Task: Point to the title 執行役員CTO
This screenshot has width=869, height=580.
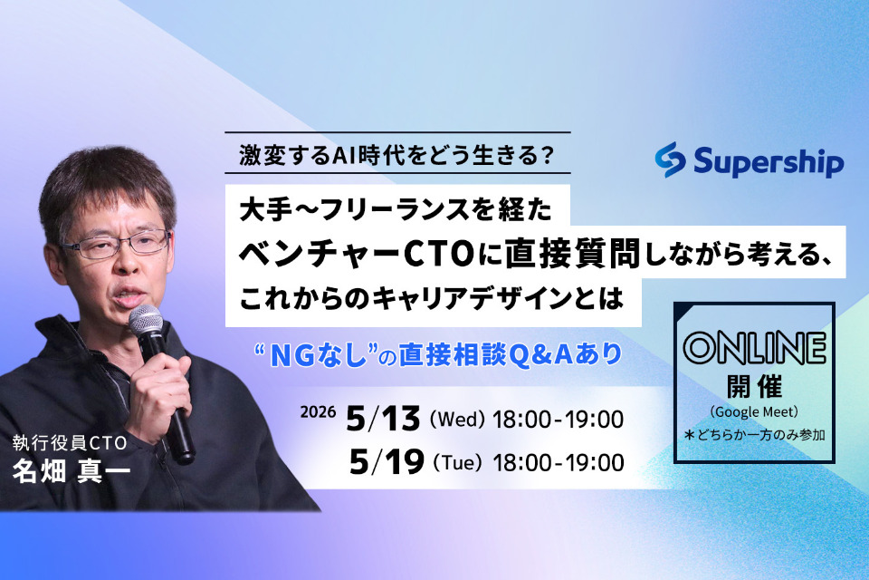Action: pyautogui.click(x=68, y=443)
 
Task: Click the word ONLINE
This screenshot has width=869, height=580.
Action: pyautogui.click(x=754, y=347)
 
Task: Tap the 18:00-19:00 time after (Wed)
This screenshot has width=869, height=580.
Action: pyautogui.click(x=560, y=420)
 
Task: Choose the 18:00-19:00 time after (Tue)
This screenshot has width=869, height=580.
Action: pyautogui.click(x=560, y=463)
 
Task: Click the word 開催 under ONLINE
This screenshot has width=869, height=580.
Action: pyautogui.click(x=754, y=383)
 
